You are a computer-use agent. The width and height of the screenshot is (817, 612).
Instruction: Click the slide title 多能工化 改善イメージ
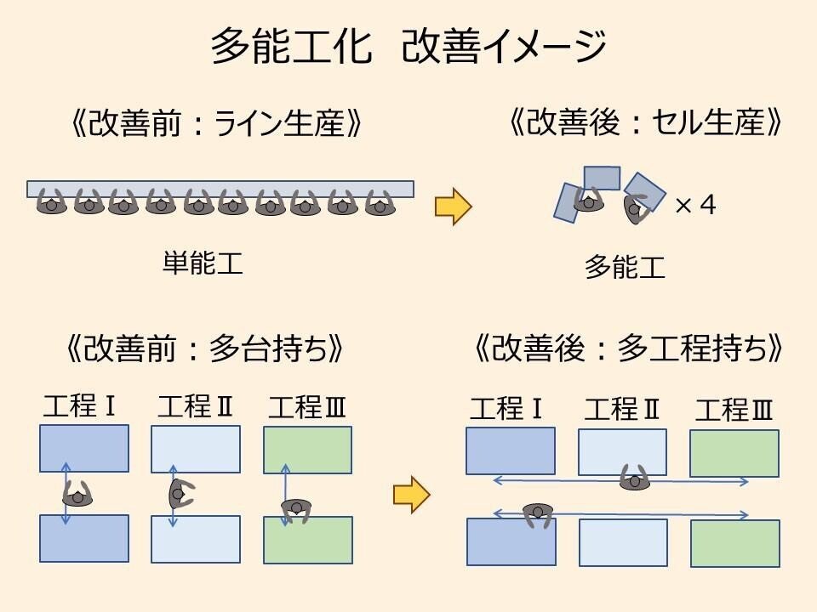[408, 47]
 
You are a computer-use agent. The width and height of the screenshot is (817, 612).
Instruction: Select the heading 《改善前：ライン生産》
[218, 124]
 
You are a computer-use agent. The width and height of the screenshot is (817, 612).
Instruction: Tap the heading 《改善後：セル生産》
[644, 124]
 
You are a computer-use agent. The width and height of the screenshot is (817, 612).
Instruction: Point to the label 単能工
[203, 263]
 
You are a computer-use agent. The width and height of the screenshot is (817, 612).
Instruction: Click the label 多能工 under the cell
[625, 268]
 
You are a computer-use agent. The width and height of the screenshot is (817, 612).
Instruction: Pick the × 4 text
[695, 206]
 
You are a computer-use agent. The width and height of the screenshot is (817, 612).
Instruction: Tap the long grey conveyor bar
[220, 188]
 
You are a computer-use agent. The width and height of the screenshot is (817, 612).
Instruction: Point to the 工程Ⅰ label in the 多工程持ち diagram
[507, 410]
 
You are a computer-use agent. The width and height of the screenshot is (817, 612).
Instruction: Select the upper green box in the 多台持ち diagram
[308, 450]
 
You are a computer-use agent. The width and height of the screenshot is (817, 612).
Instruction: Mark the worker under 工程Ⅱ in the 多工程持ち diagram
[634, 479]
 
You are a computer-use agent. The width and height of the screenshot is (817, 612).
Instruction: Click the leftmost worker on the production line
[51, 204]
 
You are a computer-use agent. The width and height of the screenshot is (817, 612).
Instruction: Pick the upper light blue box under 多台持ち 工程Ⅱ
[196, 449]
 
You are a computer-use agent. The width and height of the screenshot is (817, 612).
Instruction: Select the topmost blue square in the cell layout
[602, 178]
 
